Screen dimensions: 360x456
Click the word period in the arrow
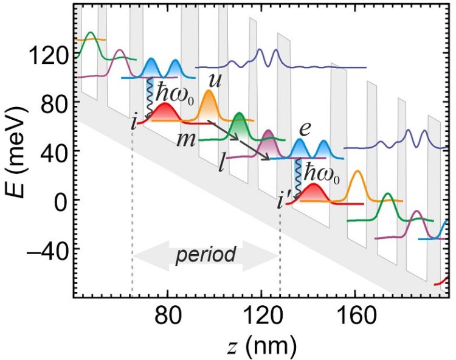pyautogui.click(x=206, y=254)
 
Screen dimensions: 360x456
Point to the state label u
pyautogui.click(x=215, y=80)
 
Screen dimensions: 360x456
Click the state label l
pyautogui.click(x=224, y=164)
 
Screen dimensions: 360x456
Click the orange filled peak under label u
pyautogui.click(x=209, y=106)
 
